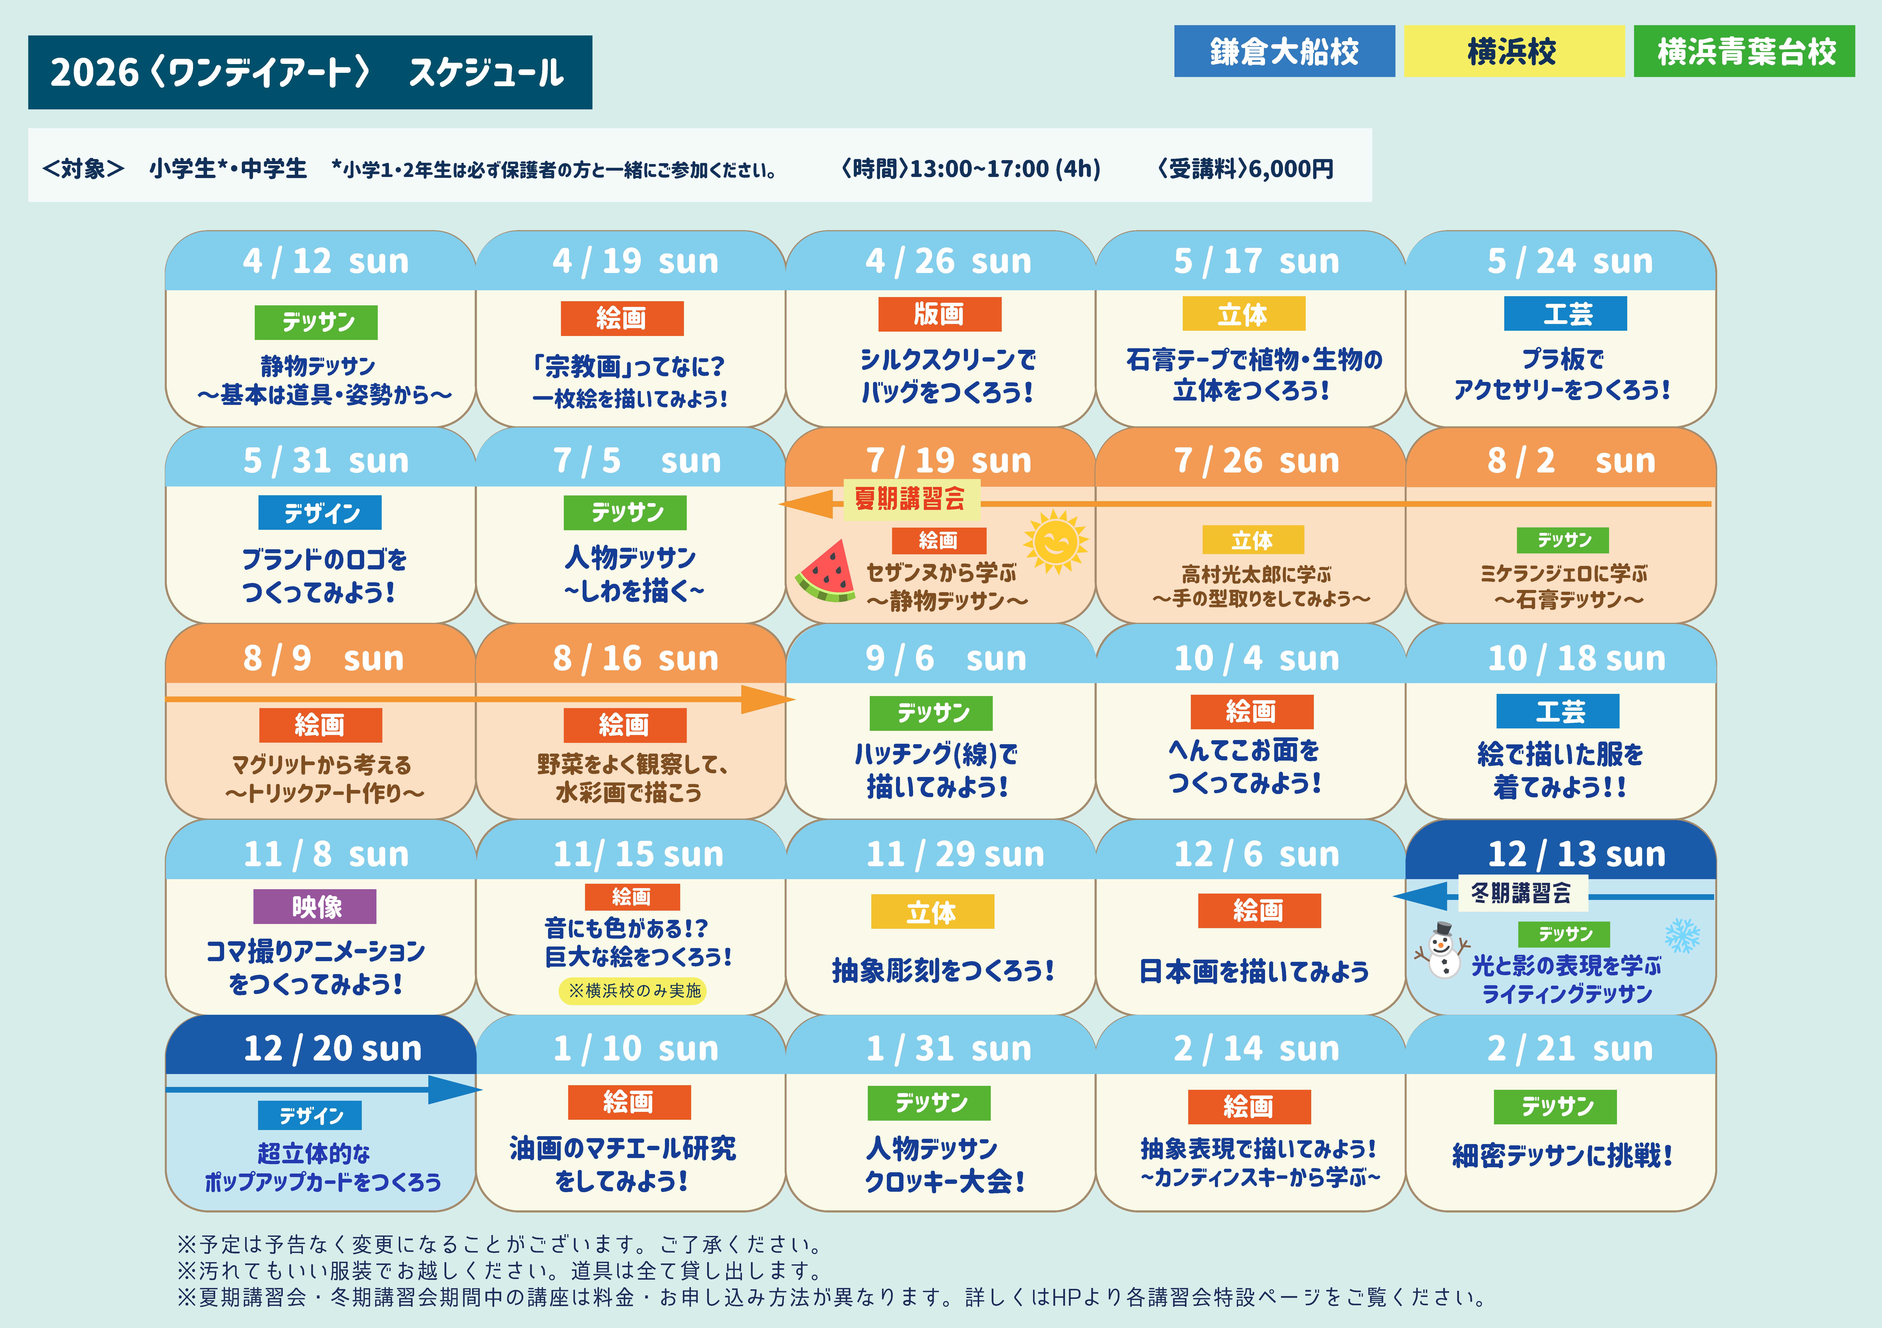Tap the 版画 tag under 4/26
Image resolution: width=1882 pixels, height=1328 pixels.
click(x=939, y=314)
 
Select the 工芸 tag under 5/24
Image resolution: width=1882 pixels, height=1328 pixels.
click(x=1565, y=314)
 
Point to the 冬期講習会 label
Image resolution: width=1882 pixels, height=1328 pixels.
click(x=1522, y=893)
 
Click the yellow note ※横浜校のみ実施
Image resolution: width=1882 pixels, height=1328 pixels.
click(x=633, y=990)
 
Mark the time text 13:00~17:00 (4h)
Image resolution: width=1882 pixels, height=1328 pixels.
click(x=1004, y=169)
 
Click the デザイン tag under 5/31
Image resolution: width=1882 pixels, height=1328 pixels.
click(x=320, y=513)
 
